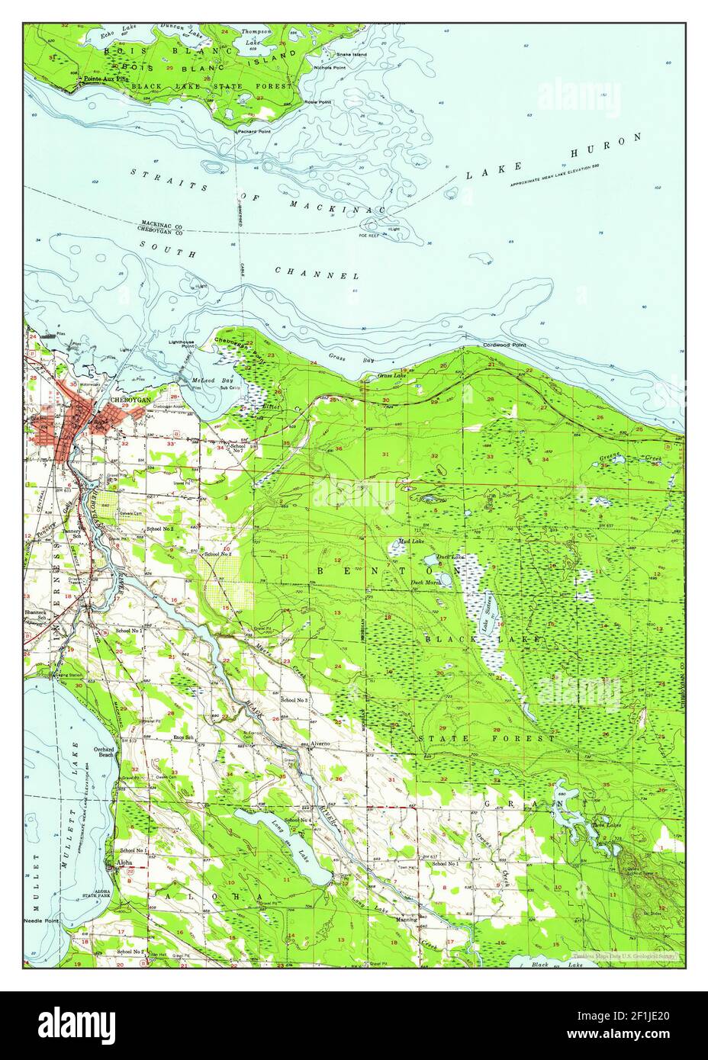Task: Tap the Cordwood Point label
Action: coord(504,345)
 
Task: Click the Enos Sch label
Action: coord(184,738)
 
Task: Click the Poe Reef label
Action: coord(369,236)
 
